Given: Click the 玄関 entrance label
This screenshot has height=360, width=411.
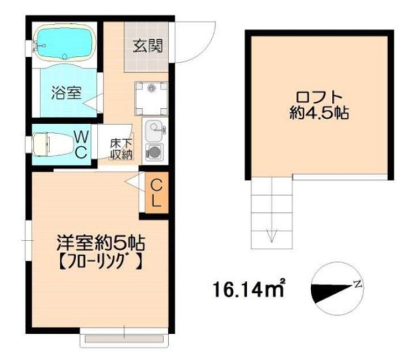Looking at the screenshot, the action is pos(148,46).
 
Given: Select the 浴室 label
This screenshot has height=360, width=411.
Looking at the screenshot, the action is pos(66,93).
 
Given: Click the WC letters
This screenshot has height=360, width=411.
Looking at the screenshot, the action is pos(82,145).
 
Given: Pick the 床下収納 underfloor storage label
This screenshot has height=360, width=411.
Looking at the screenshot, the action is pos(121,149).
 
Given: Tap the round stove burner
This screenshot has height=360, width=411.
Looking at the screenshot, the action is pos(153,152).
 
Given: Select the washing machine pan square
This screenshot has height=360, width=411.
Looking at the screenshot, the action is pos(151,98).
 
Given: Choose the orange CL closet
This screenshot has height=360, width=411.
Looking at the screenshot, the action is pos(157,192).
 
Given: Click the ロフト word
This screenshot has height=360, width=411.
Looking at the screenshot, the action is pos(319,97).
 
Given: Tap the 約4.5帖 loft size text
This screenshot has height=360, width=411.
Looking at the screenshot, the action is pos(319,113).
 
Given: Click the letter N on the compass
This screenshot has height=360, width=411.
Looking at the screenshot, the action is pos(358,283).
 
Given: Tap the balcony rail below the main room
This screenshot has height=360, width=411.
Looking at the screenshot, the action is pos(124,339).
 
